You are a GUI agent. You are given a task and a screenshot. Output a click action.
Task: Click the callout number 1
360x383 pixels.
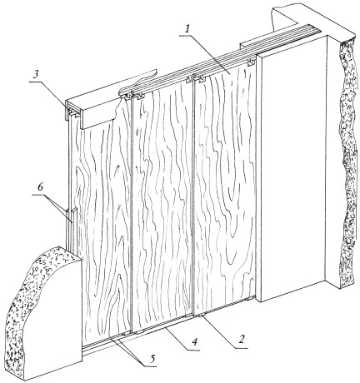click(187, 29)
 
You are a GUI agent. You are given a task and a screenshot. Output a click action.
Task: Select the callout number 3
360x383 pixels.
click(35, 76)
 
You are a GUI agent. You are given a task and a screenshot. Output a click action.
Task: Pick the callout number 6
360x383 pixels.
click(40, 187)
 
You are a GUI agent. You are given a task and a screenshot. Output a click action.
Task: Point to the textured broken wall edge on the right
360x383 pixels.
click(347, 161)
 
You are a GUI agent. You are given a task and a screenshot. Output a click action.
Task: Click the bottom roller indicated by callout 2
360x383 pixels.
click(201, 316)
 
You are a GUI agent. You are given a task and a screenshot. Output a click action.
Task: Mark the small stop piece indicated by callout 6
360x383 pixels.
click(72, 216)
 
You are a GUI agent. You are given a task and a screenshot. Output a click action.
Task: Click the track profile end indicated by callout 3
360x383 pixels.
click(72, 111)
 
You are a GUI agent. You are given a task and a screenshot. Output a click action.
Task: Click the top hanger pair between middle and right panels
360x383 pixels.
click(196, 79)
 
